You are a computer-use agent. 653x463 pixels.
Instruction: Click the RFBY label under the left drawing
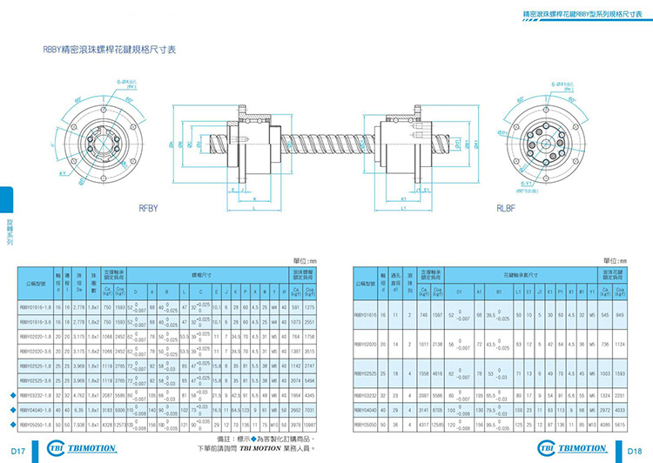tap(146, 208)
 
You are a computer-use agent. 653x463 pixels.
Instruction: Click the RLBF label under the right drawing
tap(507, 208)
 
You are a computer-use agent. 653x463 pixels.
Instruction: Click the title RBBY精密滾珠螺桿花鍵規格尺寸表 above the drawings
tap(111, 50)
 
